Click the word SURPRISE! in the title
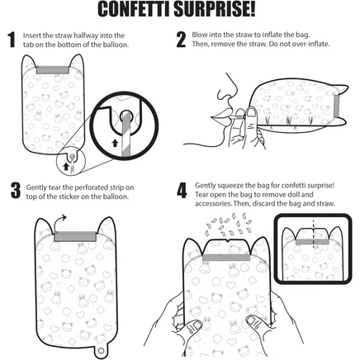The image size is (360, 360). click(216, 9)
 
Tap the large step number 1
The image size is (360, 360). click(12, 40)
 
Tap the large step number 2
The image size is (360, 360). click(181, 40)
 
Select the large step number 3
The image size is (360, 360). click(16, 191)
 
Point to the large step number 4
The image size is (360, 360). click(182, 191)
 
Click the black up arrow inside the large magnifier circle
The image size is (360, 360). click(116, 143)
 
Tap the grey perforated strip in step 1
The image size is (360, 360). click(53, 69)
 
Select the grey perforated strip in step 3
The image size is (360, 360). click(75, 236)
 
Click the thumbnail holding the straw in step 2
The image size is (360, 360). click(250, 111)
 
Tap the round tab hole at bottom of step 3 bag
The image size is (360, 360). click(101, 350)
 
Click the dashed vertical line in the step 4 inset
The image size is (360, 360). click(313, 234)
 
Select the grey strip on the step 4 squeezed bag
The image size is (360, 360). click(226, 258)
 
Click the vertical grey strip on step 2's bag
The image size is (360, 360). click(337, 106)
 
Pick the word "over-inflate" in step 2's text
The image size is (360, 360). click(314, 44)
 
